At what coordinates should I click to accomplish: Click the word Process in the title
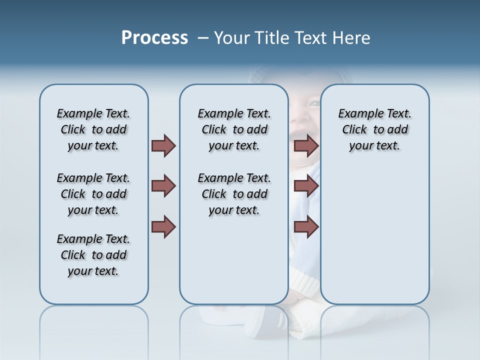pyautogui.click(x=154, y=38)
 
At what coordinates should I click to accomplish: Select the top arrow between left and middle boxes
pyautogui.click(x=163, y=145)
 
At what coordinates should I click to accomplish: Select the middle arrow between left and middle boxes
pyautogui.click(x=163, y=186)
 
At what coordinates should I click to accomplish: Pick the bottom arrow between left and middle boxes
pyautogui.click(x=163, y=226)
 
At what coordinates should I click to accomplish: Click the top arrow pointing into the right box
pyautogui.click(x=306, y=146)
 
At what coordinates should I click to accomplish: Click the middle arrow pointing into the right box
pyautogui.click(x=306, y=186)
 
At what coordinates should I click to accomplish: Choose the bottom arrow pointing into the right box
pyautogui.click(x=306, y=226)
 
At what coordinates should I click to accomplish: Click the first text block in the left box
pyautogui.click(x=93, y=129)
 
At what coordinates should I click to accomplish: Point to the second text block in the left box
pyautogui.click(x=93, y=194)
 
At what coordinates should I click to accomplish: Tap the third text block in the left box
pyautogui.click(x=93, y=255)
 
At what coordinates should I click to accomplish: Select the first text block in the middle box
pyautogui.click(x=234, y=129)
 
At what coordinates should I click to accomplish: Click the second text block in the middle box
pyautogui.click(x=234, y=194)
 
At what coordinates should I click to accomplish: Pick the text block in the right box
pyautogui.click(x=374, y=129)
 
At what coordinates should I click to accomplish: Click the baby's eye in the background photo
pyautogui.click(x=313, y=103)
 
